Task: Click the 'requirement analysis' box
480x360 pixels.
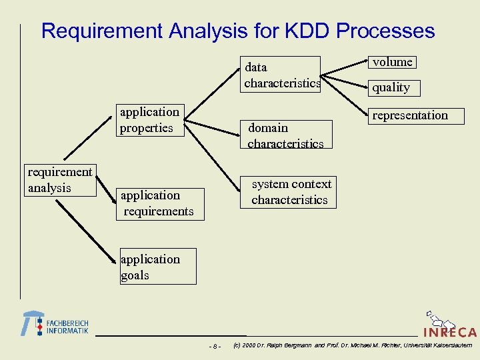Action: [60, 181]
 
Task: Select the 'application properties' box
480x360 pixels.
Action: [150, 120]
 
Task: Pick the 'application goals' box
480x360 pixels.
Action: [158, 267]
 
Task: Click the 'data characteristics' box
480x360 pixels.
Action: [282, 75]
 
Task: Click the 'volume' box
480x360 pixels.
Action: [393, 62]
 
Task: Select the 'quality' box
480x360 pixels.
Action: [391, 87]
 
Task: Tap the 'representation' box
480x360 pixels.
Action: [410, 115]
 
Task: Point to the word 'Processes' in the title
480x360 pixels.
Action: [386, 31]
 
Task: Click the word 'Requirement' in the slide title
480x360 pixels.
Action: [102, 31]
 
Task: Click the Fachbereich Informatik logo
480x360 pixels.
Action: [55, 324]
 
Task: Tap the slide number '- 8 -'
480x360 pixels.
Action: [215, 346]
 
